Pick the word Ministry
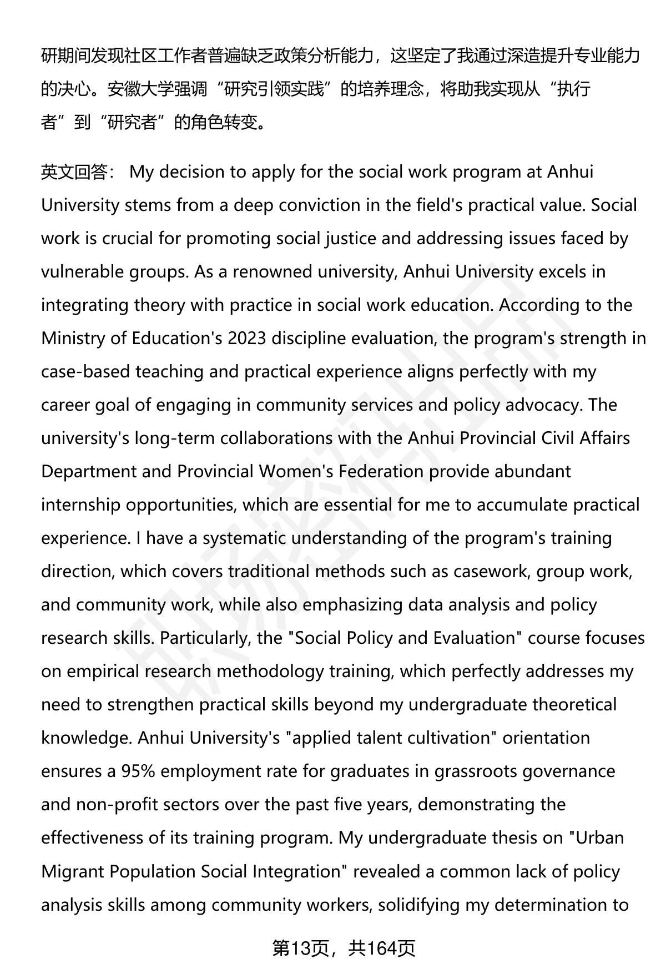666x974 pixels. pos(73,339)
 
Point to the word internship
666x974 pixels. pos(80,505)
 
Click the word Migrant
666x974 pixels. pos(72,871)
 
